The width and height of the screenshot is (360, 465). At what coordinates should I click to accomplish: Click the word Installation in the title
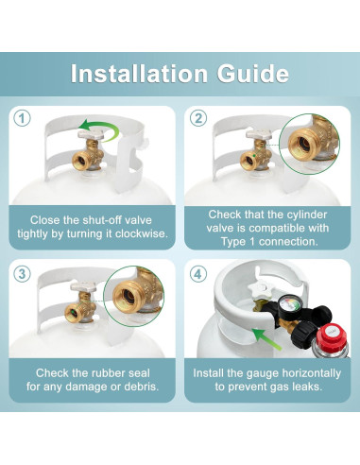pos(139,74)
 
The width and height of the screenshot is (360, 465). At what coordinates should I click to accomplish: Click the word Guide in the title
pos(253,74)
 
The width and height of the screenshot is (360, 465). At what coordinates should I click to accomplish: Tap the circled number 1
pos(22,119)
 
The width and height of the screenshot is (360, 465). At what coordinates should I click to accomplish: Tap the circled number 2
pos(198,119)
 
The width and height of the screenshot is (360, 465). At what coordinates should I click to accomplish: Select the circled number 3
pos(22,273)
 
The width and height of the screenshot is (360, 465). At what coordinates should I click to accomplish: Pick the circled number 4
pos(198,273)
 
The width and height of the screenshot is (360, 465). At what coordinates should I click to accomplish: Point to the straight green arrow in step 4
pos(266,339)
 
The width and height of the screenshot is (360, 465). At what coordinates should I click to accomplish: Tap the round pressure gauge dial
pos(290,304)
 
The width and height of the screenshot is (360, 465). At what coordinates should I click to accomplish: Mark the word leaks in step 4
pos(305,387)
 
